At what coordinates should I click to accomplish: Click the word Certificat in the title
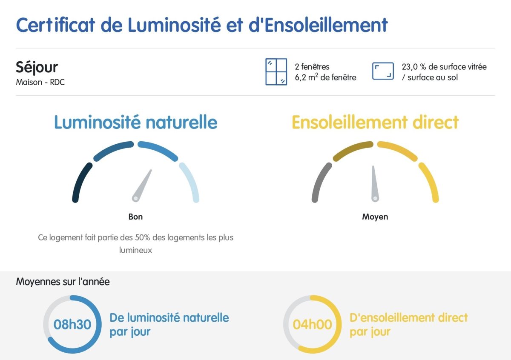55,25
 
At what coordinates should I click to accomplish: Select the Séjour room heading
37,68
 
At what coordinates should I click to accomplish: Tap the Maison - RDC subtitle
40,82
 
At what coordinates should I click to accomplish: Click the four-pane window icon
276,72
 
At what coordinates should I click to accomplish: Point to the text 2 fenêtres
312,67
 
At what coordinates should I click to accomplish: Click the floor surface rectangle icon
383,71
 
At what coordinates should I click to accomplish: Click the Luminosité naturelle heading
135,122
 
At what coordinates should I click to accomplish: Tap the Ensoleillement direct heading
375,122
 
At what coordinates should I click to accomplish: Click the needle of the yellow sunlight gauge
374,183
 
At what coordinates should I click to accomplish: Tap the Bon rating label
135,217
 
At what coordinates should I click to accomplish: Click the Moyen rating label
375,217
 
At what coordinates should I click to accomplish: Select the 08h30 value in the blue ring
72,324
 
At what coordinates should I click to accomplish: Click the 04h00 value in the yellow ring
312,324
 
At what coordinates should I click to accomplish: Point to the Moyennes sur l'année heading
63,282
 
